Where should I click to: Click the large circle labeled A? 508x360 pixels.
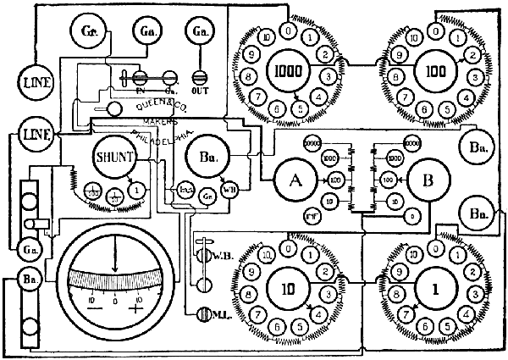[295, 180]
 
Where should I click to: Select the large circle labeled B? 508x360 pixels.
[428, 180]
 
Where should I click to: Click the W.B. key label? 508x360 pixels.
[218, 254]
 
